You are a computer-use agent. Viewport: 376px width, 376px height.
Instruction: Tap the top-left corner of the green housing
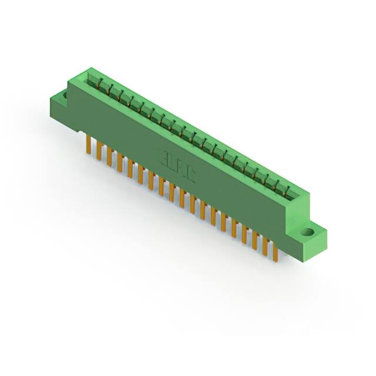click(x=71, y=80)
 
